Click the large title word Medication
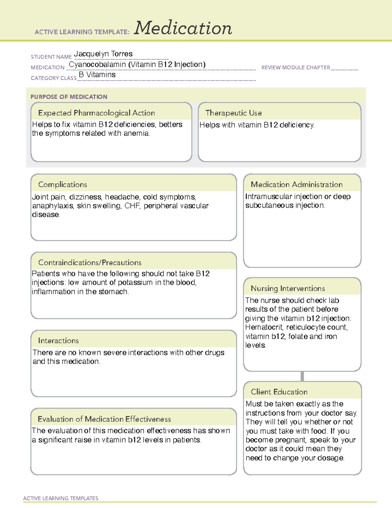coord(183,28)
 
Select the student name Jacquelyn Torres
coord(103,54)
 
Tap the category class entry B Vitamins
coord(97,75)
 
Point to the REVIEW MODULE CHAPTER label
coord(296,67)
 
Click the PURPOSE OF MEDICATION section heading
coord(69,97)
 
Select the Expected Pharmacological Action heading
coord(96,113)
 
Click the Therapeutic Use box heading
coord(234,113)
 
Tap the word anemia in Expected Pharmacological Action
coord(137,133)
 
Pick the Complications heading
coord(63,184)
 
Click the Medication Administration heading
coord(297,184)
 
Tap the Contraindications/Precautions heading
coord(90,262)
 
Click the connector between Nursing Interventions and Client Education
coord(302,376)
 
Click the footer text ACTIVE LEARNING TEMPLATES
coord(61,498)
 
